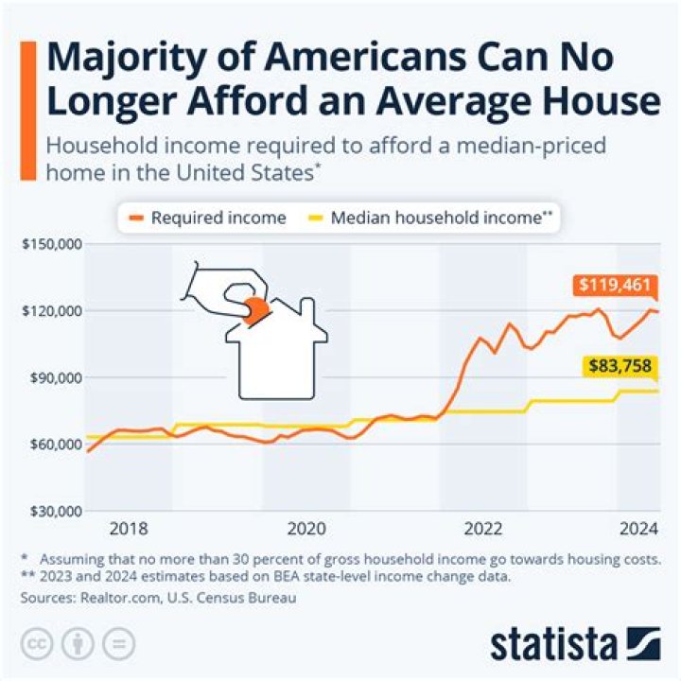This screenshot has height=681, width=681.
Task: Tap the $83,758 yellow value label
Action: pos(620,367)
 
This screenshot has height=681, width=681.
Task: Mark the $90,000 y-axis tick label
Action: pos(52,377)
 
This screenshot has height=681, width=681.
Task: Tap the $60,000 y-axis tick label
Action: pos(52,444)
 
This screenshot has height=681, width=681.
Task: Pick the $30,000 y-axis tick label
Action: pos(52,511)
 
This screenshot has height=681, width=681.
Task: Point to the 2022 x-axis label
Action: pos(482,528)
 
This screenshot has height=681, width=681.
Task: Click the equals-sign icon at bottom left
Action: pos(117,642)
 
